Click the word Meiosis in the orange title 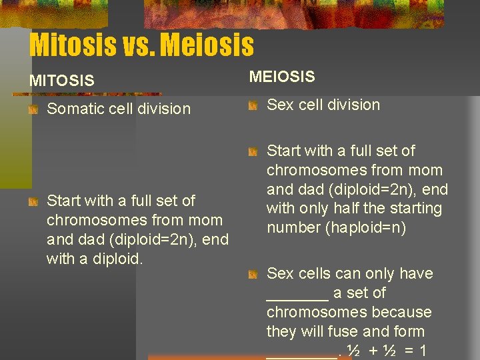click(207, 45)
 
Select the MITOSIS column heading click(62, 81)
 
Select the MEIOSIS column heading click(282, 77)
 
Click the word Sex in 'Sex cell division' click(281, 105)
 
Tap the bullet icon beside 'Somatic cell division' click(33, 109)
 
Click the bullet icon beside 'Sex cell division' click(253, 105)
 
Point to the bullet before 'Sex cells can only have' click(253, 274)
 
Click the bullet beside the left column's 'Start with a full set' click(33, 201)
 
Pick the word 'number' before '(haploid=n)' click(293, 227)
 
